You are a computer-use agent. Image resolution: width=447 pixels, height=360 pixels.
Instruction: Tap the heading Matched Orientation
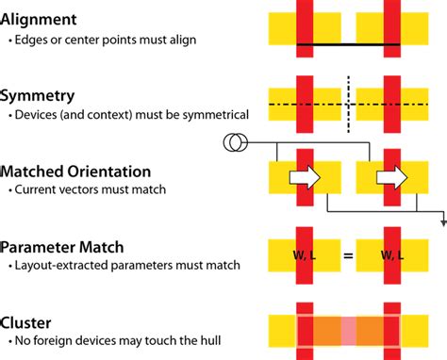tap(75, 172)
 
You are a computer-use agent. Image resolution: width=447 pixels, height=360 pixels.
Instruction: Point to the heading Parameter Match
tap(62, 247)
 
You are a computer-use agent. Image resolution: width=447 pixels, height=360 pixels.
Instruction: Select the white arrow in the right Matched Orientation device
tap(390, 176)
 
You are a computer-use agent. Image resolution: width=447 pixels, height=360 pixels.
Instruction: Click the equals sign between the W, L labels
tap(349, 254)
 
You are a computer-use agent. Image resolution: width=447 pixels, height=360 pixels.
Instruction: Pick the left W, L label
tap(305, 254)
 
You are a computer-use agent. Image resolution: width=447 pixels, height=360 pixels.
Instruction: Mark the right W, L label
tap(393, 254)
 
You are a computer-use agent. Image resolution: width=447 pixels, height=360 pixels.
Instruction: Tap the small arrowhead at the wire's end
tap(442, 222)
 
